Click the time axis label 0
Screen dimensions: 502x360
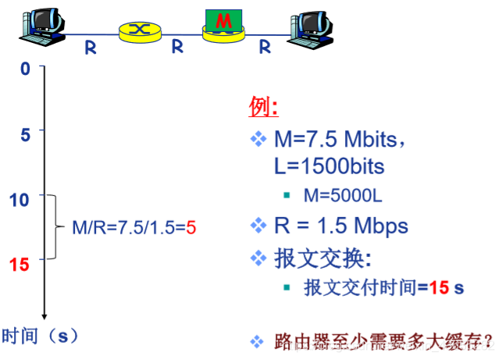pos(25,70)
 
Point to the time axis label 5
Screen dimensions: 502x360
pos(25,134)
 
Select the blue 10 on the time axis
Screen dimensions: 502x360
pos(20,199)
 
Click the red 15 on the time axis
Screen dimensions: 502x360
pos(20,263)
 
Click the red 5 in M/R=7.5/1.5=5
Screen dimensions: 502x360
pos(190,230)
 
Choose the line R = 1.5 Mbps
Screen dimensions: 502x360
pos(340,226)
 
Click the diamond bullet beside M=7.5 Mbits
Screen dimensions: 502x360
pos(258,139)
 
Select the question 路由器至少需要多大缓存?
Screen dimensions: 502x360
pos(383,341)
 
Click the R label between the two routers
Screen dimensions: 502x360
pos(177,47)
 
